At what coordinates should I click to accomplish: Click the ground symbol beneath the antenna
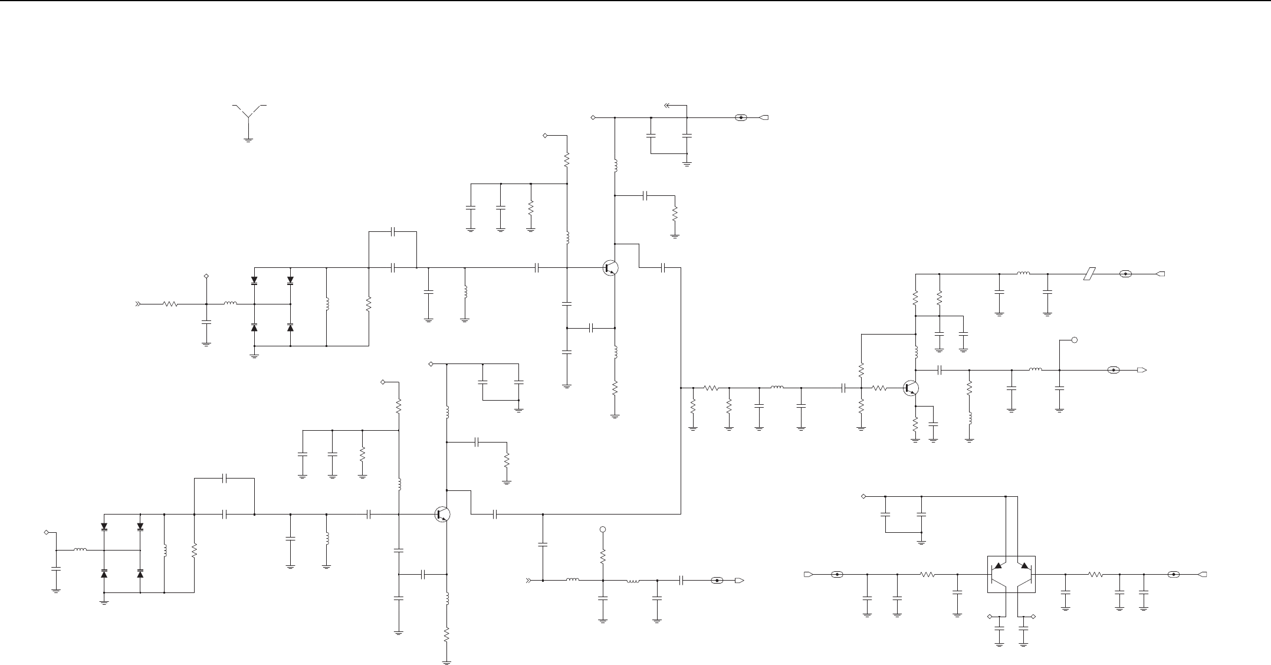(x=248, y=140)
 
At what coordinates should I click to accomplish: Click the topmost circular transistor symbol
(x=610, y=268)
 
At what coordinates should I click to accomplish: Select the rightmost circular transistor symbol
(x=911, y=388)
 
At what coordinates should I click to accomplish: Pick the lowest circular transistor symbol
(x=442, y=514)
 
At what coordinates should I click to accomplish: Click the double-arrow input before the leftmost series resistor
(x=139, y=304)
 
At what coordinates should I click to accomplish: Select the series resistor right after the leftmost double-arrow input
(x=170, y=304)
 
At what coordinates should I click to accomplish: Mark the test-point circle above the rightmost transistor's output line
(x=1075, y=340)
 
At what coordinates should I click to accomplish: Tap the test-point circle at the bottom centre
(x=603, y=530)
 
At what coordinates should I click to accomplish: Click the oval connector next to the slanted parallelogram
(x=1125, y=274)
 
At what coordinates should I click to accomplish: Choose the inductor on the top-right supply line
(x=1023, y=274)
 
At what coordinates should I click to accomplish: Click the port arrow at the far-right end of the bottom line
(x=1203, y=574)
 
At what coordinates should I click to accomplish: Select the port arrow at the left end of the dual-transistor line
(x=809, y=574)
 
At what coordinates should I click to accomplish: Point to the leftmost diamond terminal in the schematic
(x=47, y=532)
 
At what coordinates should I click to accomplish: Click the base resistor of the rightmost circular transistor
(x=879, y=388)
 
